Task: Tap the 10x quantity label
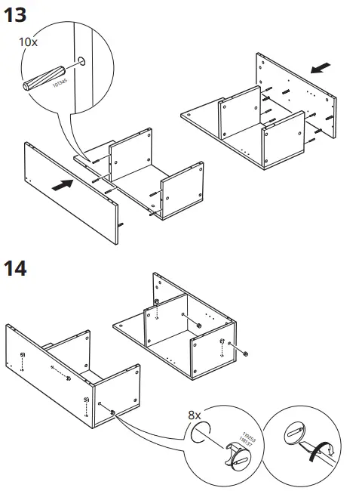(28, 42)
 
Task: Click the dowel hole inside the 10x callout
(81, 60)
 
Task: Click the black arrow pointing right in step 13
(65, 184)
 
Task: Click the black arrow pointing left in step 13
(321, 69)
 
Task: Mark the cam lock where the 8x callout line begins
(113, 412)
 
